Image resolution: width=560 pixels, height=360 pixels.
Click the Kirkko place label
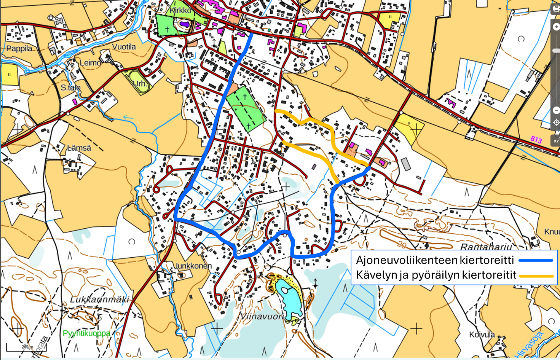180,10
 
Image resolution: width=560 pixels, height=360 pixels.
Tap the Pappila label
19,49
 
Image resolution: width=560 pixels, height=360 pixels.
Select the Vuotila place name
124,47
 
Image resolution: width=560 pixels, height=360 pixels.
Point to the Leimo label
90,63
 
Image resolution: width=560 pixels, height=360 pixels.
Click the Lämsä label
79,148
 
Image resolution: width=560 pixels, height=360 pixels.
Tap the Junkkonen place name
193,266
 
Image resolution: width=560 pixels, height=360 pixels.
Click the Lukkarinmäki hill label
100,299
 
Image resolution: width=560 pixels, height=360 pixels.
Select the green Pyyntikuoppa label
86,333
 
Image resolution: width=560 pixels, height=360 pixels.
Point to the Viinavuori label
262,316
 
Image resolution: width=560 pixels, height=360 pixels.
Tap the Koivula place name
482,335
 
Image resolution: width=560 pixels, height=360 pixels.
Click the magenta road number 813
536,140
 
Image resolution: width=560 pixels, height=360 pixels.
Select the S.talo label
71,88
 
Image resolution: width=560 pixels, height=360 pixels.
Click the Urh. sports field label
140,84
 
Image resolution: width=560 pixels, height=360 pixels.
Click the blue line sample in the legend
536,261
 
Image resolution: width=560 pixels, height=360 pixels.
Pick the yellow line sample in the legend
536,276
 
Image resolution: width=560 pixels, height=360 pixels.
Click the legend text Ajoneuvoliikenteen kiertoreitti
435,260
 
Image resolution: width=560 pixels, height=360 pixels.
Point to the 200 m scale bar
26,347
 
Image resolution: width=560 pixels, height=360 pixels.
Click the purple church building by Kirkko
185,24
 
